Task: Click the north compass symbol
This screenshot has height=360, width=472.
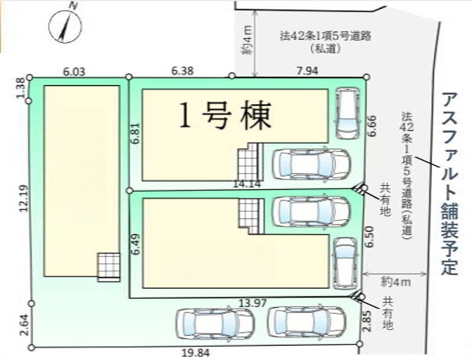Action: coord(65,26)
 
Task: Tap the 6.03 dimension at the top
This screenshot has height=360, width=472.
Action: coord(74,72)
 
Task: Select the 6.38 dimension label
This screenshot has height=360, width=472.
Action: coord(182,71)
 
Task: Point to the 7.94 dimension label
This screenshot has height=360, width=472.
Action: coord(307,71)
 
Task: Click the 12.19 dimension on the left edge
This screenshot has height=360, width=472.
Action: coord(24,198)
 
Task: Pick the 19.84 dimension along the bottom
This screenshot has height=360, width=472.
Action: coord(196,352)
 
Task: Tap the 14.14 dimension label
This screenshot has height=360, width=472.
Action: coord(246,184)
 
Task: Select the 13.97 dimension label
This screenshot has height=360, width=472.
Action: coord(252,303)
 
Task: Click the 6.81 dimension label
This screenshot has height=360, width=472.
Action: coord(136,133)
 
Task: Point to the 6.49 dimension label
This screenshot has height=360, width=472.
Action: coord(136,244)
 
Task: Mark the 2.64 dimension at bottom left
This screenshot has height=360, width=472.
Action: coord(25,325)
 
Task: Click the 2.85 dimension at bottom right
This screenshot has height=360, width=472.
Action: coord(367,321)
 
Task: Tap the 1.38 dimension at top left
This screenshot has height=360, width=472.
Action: coord(21,88)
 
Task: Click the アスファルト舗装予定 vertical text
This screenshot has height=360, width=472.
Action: coord(450,184)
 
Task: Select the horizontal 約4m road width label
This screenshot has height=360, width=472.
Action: coord(395,282)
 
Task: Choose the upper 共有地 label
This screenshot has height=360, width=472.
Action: coord(385,200)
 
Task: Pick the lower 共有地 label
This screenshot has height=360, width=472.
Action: coord(388,313)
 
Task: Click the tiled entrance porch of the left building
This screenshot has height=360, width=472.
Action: coord(108,267)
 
